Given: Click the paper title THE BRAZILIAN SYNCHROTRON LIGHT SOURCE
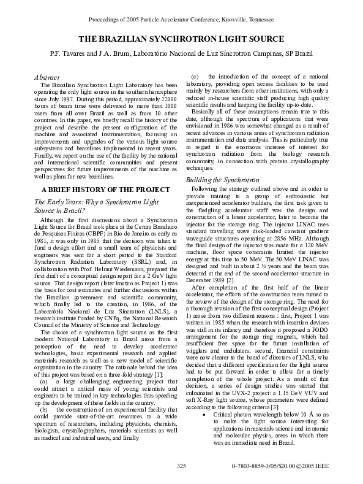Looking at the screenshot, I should click(x=181, y=39).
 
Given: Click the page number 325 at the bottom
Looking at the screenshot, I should click(x=181, y=467).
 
